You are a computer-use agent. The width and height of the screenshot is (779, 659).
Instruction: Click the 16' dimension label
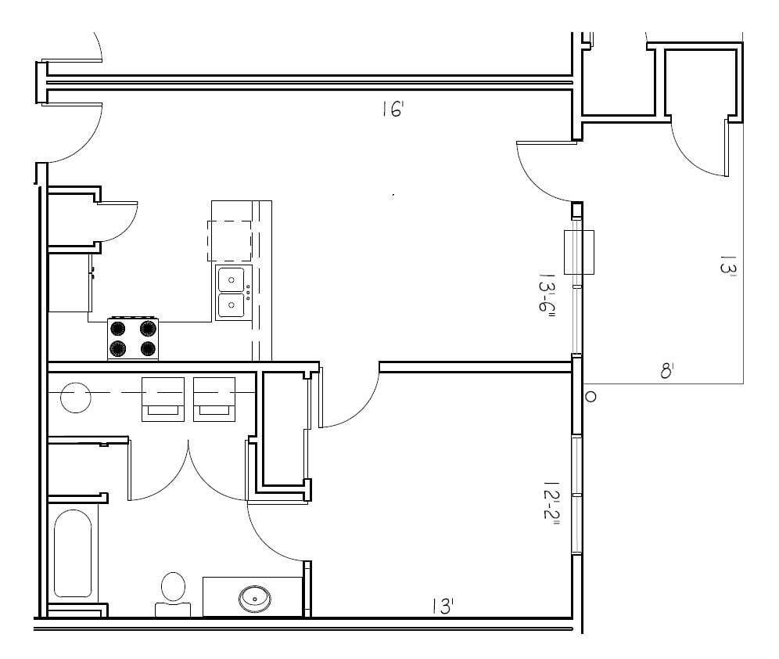(392, 109)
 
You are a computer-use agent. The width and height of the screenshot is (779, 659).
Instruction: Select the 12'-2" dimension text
(551, 506)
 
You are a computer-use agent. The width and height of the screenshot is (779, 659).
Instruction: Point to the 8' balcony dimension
(666, 370)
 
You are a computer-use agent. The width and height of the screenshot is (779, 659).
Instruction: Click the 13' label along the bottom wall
(443, 605)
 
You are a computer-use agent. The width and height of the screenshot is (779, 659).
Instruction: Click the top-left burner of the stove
(118, 329)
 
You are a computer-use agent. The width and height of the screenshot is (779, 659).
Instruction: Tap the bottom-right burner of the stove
(147, 348)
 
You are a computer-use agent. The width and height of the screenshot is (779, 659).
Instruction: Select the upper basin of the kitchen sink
(231, 278)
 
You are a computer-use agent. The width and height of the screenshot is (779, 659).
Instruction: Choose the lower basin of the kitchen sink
(231, 305)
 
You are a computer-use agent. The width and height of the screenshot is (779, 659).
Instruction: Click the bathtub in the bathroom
(73, 553)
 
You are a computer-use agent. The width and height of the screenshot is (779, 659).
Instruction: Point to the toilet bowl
(173, 587)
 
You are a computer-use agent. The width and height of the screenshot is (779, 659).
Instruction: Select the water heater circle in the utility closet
(75, 396)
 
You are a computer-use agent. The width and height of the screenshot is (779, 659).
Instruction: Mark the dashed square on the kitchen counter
(229, 240)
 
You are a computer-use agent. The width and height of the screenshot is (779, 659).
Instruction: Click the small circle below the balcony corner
(591, 397)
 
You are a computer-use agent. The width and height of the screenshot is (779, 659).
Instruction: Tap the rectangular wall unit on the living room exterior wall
(579, 252)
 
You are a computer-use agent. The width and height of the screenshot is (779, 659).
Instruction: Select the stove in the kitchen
(133, 339)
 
